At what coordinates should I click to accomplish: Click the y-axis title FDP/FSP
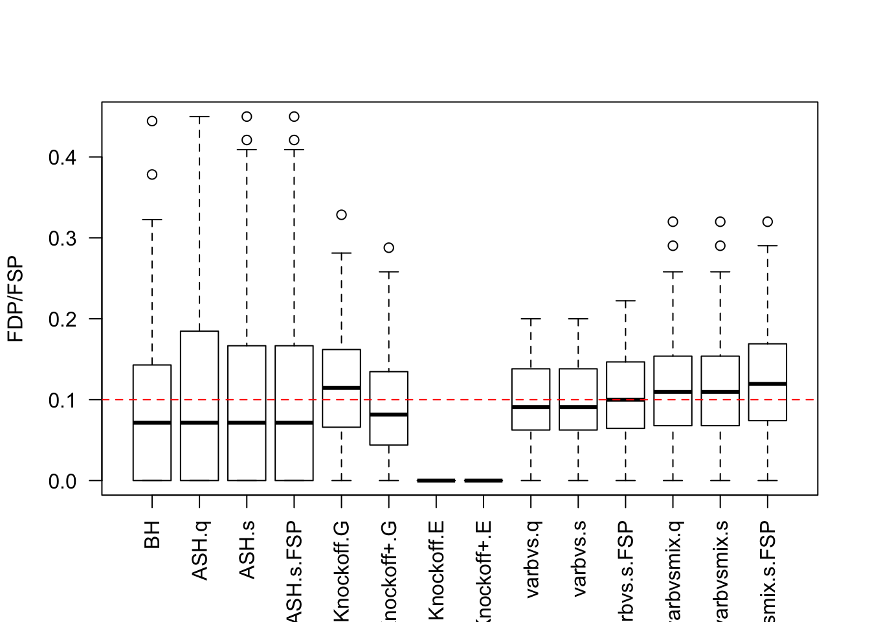pyautogui.click(x=16, y=299)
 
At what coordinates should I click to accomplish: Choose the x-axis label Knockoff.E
pyautogui.click(x=436, y=570)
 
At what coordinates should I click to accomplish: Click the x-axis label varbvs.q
pyautogui.click(x=531, y=560)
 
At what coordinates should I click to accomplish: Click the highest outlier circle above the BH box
pyautogui.click(x=152, y=121)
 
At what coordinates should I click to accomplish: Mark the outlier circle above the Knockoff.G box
pyautogui.click(x=341, y=214)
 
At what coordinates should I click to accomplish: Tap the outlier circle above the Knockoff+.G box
pyautogui.click(x=388, y=248)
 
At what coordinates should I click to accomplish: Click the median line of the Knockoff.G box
pyautogui.click(x=341, y=387)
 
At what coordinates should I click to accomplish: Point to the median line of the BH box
pyautogui.click(x=152, y=422)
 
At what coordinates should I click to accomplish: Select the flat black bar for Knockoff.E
pyautogui.click(x=436, y=480)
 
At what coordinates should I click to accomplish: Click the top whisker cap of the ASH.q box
pyautogui.click(x=199, y=117)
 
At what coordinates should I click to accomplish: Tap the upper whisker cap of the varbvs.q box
pyautogui.click(x=531, y=319)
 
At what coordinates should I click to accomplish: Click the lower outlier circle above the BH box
pyautogui.click(x=152, y=174)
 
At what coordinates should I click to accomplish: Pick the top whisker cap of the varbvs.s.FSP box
pyautogui.click(x=625, y=301)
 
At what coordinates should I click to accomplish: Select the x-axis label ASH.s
pyautogui.click(x=247, y=550)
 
